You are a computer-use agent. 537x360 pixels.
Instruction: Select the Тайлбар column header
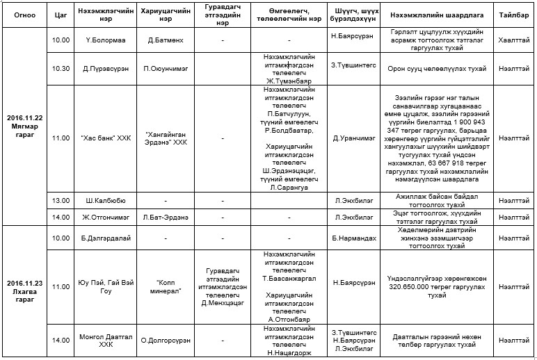click(x=513, y=14)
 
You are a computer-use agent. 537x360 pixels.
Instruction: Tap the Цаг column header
click(x=61, y=14)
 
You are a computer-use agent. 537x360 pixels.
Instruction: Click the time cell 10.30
click(x=61, y=68)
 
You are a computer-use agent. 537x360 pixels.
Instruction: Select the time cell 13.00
click(x=61, y=200)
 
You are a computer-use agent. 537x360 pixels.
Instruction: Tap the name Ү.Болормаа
click(x=103, y=40)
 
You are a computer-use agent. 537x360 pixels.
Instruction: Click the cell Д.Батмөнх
click(x=166, y=40)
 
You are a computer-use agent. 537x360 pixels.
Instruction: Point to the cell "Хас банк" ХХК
click(x=103, y=138)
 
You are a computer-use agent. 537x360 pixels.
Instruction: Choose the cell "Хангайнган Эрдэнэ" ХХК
click(x=166, y=138)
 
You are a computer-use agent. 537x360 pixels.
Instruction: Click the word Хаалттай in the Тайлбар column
click(x=513, y=40)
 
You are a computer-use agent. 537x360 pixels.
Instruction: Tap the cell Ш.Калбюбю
click(x=103, y=200)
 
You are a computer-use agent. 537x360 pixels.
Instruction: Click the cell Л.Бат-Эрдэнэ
click(x=166, y=218)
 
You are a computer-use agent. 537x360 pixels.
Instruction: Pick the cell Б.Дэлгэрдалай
click(x=103, y=238)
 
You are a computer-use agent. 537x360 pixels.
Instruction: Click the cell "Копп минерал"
click(x=166, y=286)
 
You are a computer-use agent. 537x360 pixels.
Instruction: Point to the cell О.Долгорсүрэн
click(x=166, y=340)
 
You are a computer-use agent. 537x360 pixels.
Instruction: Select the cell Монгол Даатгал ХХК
click(x=103, y=340)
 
